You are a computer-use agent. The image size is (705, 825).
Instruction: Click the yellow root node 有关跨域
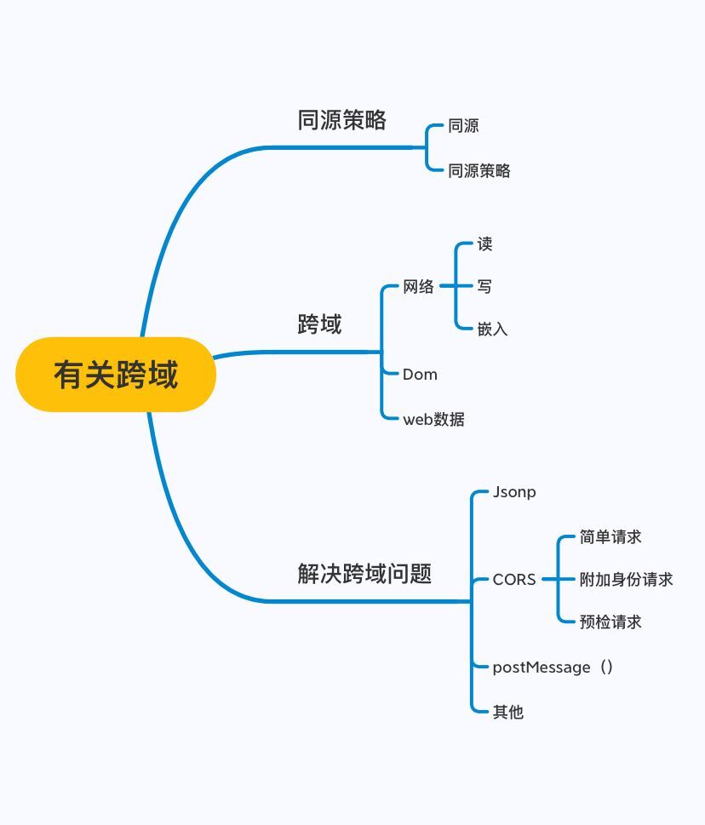tap(116, 375)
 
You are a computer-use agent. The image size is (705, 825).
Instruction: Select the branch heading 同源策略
tap(342, 120)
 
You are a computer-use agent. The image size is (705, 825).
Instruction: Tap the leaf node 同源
tap(463, 126)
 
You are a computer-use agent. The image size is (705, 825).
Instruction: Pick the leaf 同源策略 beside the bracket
tap(479, 170)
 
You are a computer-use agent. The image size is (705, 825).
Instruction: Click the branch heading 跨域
tap(319, 324)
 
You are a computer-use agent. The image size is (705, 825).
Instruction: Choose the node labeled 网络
tap(418, 287)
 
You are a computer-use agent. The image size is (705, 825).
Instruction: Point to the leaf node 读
tap(484, 244)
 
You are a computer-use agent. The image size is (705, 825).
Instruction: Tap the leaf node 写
tap(484, 287)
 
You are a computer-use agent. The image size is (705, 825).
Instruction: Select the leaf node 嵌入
tap(492, 329)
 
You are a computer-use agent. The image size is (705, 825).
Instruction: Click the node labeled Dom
tap(420, 374)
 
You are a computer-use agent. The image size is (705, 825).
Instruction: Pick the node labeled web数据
tap(433, 419)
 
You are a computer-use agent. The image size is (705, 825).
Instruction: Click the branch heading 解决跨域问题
tap(364, 574)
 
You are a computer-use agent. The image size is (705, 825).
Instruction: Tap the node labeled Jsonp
tap(514, 492)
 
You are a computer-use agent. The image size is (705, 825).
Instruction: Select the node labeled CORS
tap(514, 580)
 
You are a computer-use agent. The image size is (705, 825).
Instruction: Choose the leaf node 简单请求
tap(610, 537)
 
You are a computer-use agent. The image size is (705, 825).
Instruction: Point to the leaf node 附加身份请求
tap(626, 580)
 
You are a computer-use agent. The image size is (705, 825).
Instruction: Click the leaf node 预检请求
tap(610, 622)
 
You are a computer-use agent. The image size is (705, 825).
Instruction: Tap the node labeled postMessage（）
tap(553, 667)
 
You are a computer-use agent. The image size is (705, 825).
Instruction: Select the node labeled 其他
tap(508, 712)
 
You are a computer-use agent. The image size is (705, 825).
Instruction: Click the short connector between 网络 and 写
tap(449, 287)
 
